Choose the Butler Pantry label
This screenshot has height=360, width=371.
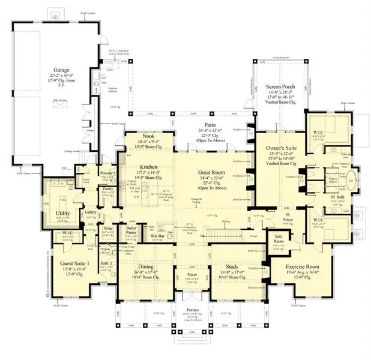133,231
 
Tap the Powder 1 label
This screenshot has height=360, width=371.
108,173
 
